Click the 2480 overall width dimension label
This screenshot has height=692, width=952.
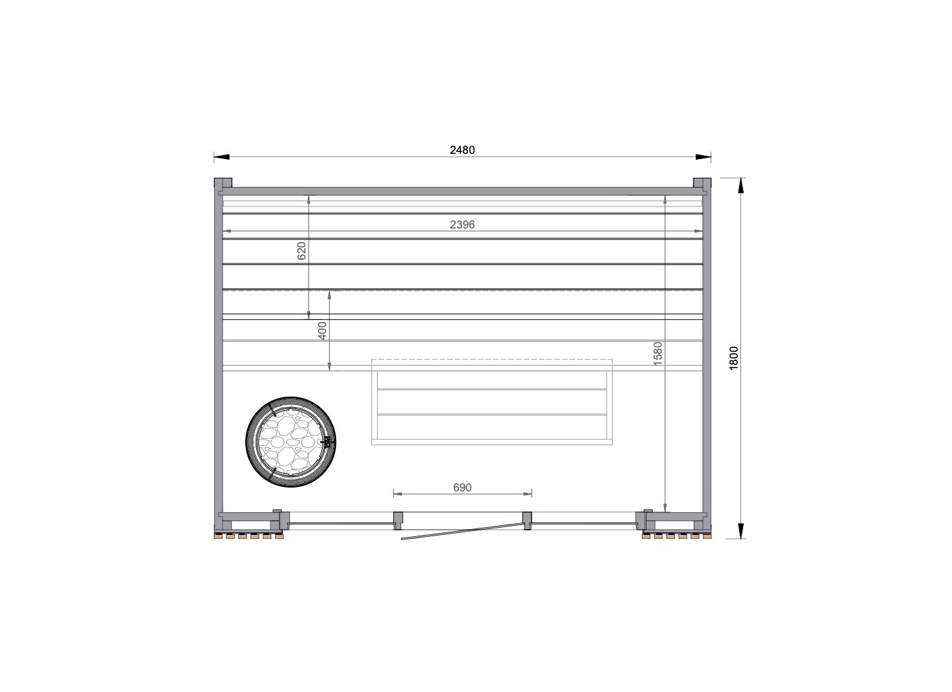462,150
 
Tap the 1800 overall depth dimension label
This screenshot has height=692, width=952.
733,358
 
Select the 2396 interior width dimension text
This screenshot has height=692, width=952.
462,225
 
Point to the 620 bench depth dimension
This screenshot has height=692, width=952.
301,251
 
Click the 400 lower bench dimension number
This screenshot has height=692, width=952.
323,330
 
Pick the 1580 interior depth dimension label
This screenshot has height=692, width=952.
657,353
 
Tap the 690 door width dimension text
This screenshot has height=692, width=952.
462,488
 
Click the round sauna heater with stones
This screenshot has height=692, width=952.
291,441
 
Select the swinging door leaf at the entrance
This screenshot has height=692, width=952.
463,531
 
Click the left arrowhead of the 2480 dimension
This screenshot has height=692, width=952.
221,157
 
